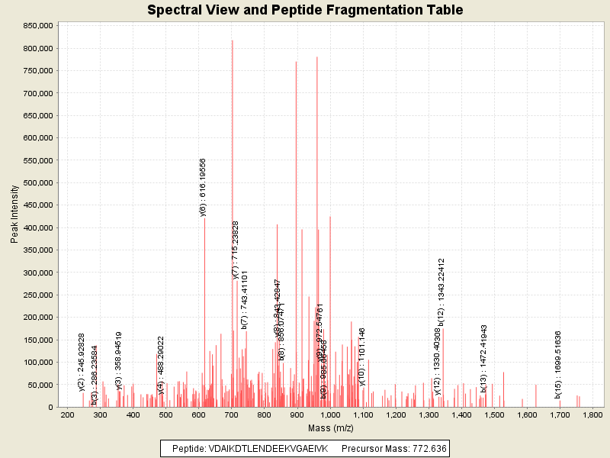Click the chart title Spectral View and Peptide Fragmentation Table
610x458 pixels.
tap(305, 10)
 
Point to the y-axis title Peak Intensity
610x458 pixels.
tap(14, 214)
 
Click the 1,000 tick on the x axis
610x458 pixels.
tap(329, 414)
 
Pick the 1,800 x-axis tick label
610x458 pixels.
tap(592, 414)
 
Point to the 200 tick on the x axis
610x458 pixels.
tap(67, 414)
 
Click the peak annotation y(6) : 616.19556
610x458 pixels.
tap(203, 188)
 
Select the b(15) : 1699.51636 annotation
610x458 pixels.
tap(558, 365)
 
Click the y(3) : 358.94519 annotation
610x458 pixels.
tap(119, 361)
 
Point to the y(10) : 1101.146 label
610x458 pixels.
tap(362, 356)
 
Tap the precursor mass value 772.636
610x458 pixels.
tap(430, 448)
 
